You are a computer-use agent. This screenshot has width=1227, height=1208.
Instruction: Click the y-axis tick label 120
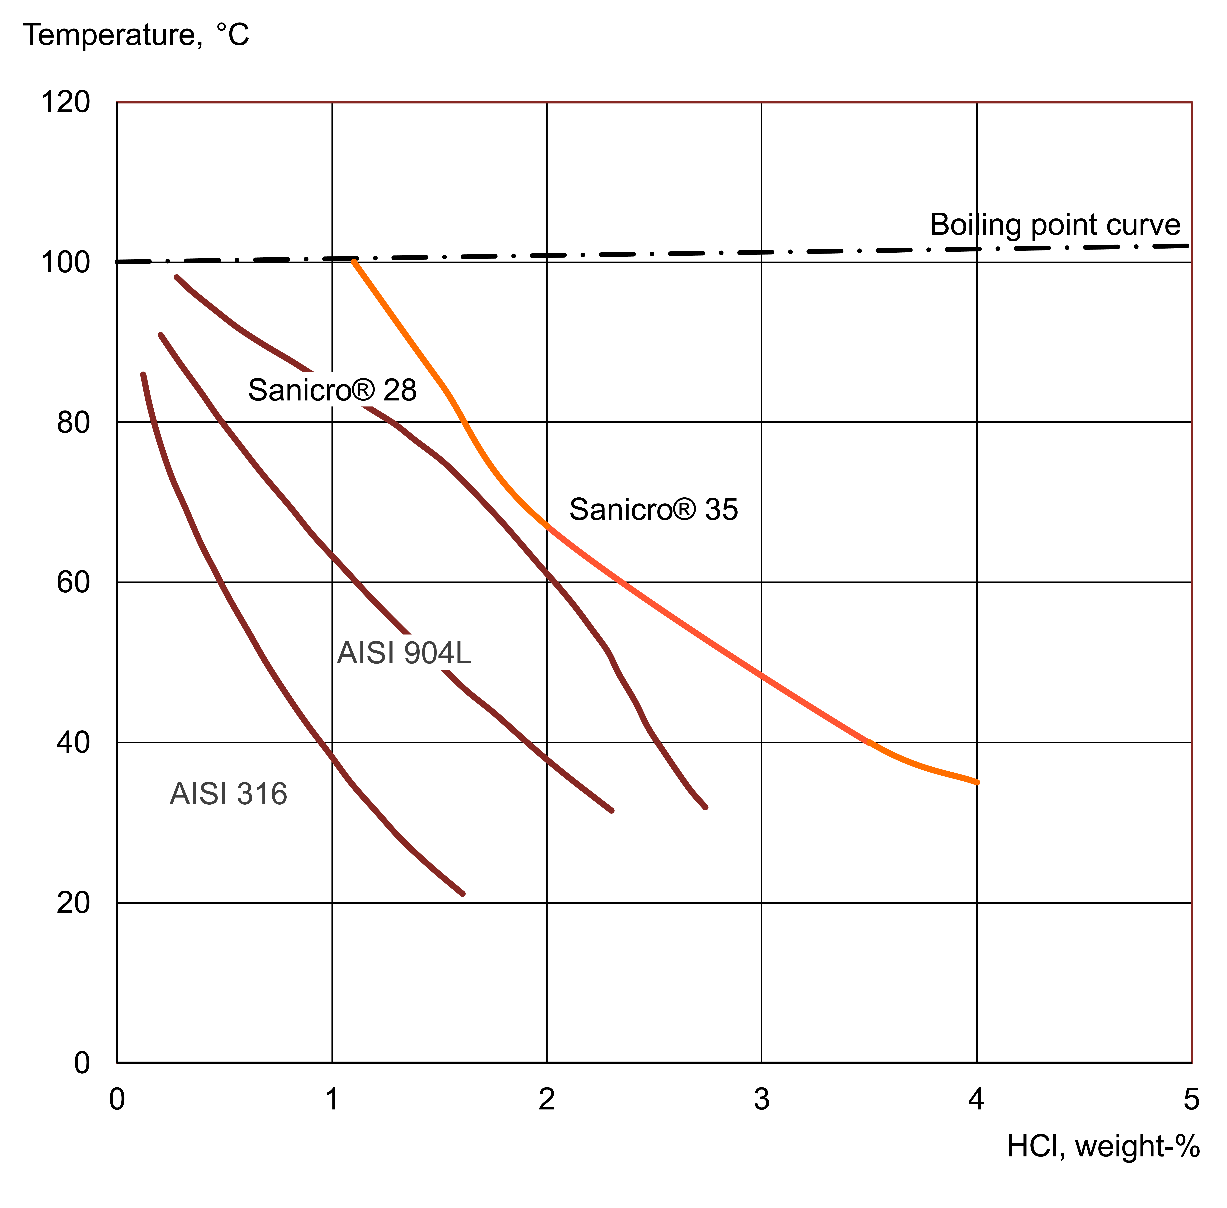65,102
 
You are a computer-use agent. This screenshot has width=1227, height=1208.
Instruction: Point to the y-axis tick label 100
65,262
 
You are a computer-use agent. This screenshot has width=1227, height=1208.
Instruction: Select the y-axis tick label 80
73,422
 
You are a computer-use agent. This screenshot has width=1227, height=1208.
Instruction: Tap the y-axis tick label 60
73,582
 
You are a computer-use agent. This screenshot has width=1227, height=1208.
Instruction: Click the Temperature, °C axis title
136,35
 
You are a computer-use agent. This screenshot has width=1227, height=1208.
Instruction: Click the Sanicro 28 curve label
332,390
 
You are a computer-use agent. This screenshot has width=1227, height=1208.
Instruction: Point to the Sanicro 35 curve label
654,509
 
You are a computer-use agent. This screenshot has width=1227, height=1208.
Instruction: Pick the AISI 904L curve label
404,653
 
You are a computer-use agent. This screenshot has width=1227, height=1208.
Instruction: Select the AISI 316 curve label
228,794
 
